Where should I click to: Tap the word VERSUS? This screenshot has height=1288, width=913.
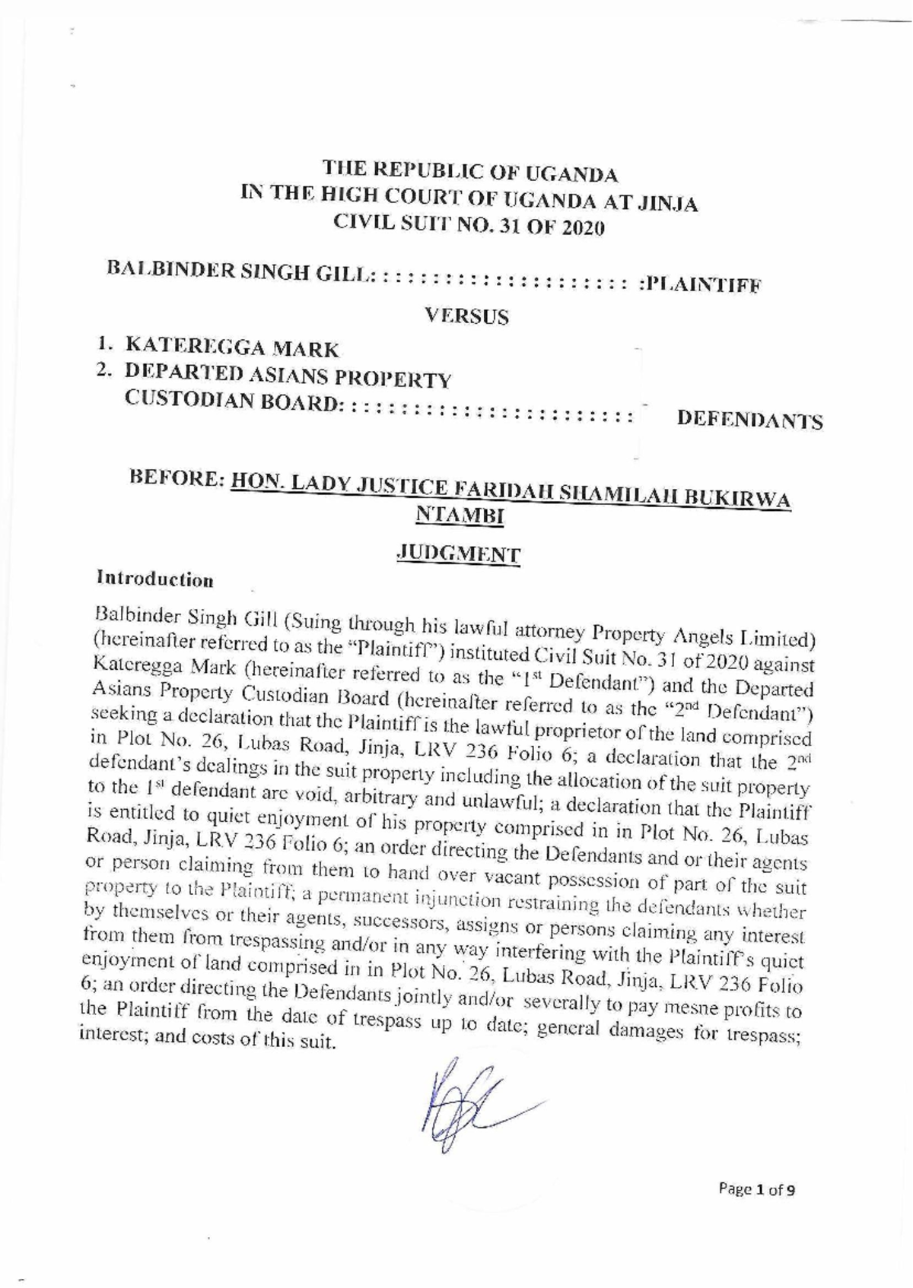pyautogui.click(x=466, y=316)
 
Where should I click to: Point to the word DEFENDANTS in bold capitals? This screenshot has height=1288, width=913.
pyautogui.click(x=749, y=420)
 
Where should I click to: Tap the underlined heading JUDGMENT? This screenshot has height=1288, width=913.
pyautogui.click(x=460, y=554)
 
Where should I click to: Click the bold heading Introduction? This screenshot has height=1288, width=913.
pyautogui.click(x=154, y=579)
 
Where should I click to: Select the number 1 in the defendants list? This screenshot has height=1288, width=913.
pyautogui.click(x=102, y=344)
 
